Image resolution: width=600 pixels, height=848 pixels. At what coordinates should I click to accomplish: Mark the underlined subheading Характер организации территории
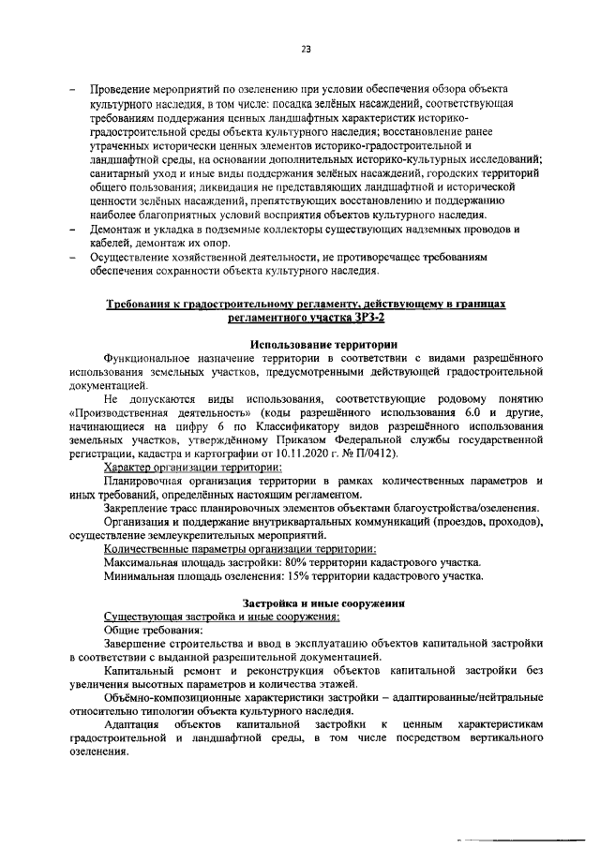[x=191, y=467]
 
